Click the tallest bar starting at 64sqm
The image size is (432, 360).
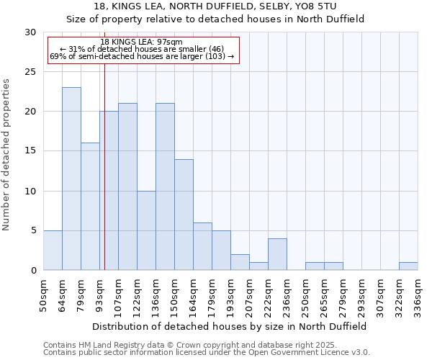click(71, 179)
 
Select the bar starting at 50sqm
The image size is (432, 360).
click(53, 250)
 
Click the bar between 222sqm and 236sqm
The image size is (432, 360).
click(277, 254)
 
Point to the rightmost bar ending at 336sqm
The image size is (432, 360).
click(408, 266)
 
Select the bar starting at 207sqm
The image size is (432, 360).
click(258, 266)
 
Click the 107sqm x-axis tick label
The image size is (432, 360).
click(119, 296)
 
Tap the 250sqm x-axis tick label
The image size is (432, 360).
click(306, 296)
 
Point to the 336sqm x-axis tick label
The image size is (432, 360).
click(418, 296)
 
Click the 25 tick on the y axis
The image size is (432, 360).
click(31, 72)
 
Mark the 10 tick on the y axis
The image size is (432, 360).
click(31, 191)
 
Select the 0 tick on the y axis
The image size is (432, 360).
click(34, 270)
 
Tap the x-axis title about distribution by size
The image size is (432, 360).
click(230, 326)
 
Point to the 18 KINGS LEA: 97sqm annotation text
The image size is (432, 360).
click(142, 42)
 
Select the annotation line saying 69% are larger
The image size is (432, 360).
click(142, 56)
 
